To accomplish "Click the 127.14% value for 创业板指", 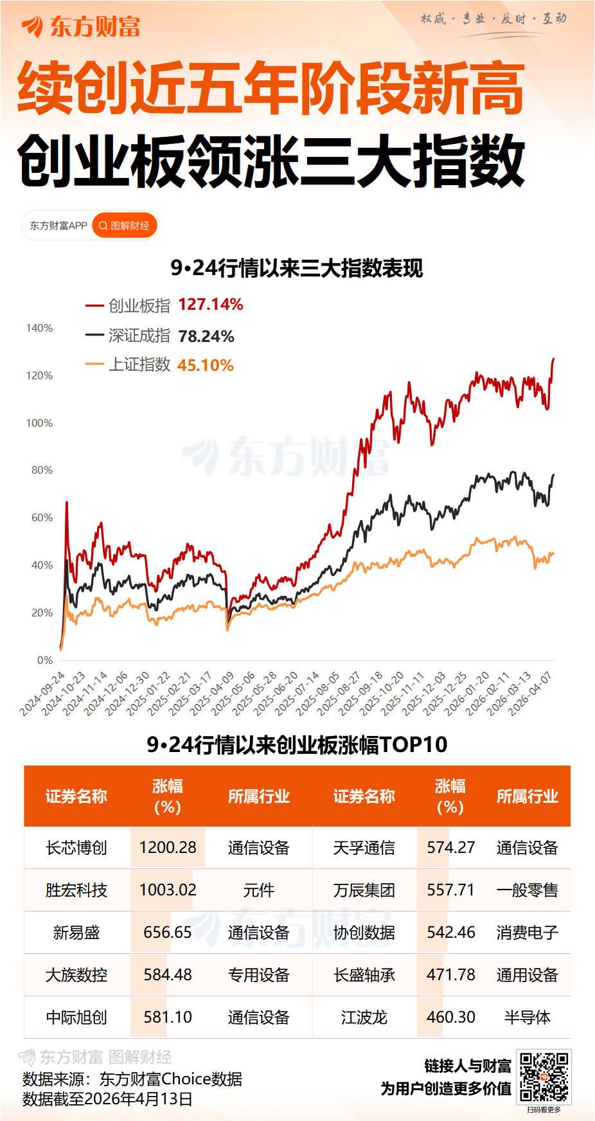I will tap(210, 305).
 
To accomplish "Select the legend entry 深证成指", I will tap(139, 336).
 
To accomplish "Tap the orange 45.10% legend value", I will tap(205, 365).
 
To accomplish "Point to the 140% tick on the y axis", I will tap(39, 328).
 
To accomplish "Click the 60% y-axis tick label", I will tap(42, 517).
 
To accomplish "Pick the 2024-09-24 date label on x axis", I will tap(43, 693).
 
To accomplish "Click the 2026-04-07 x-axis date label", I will tap(531, 693).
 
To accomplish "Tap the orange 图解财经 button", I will tap(125, 226).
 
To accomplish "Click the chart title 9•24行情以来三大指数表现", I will tap(297, 268).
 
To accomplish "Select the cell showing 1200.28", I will tap(168, 847).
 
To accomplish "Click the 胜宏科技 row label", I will tap(76, 890).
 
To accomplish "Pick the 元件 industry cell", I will tap(258, 890).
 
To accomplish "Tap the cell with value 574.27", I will tap(450, 847).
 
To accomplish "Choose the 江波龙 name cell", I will tap(364, 1018).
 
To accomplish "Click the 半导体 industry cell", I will tap(527, 1018).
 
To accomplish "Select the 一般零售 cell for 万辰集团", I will tap(527, 890).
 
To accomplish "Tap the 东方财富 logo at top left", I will tap(81, 27).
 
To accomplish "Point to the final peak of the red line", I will tap(553, 359).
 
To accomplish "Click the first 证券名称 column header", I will tap(76, 796).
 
